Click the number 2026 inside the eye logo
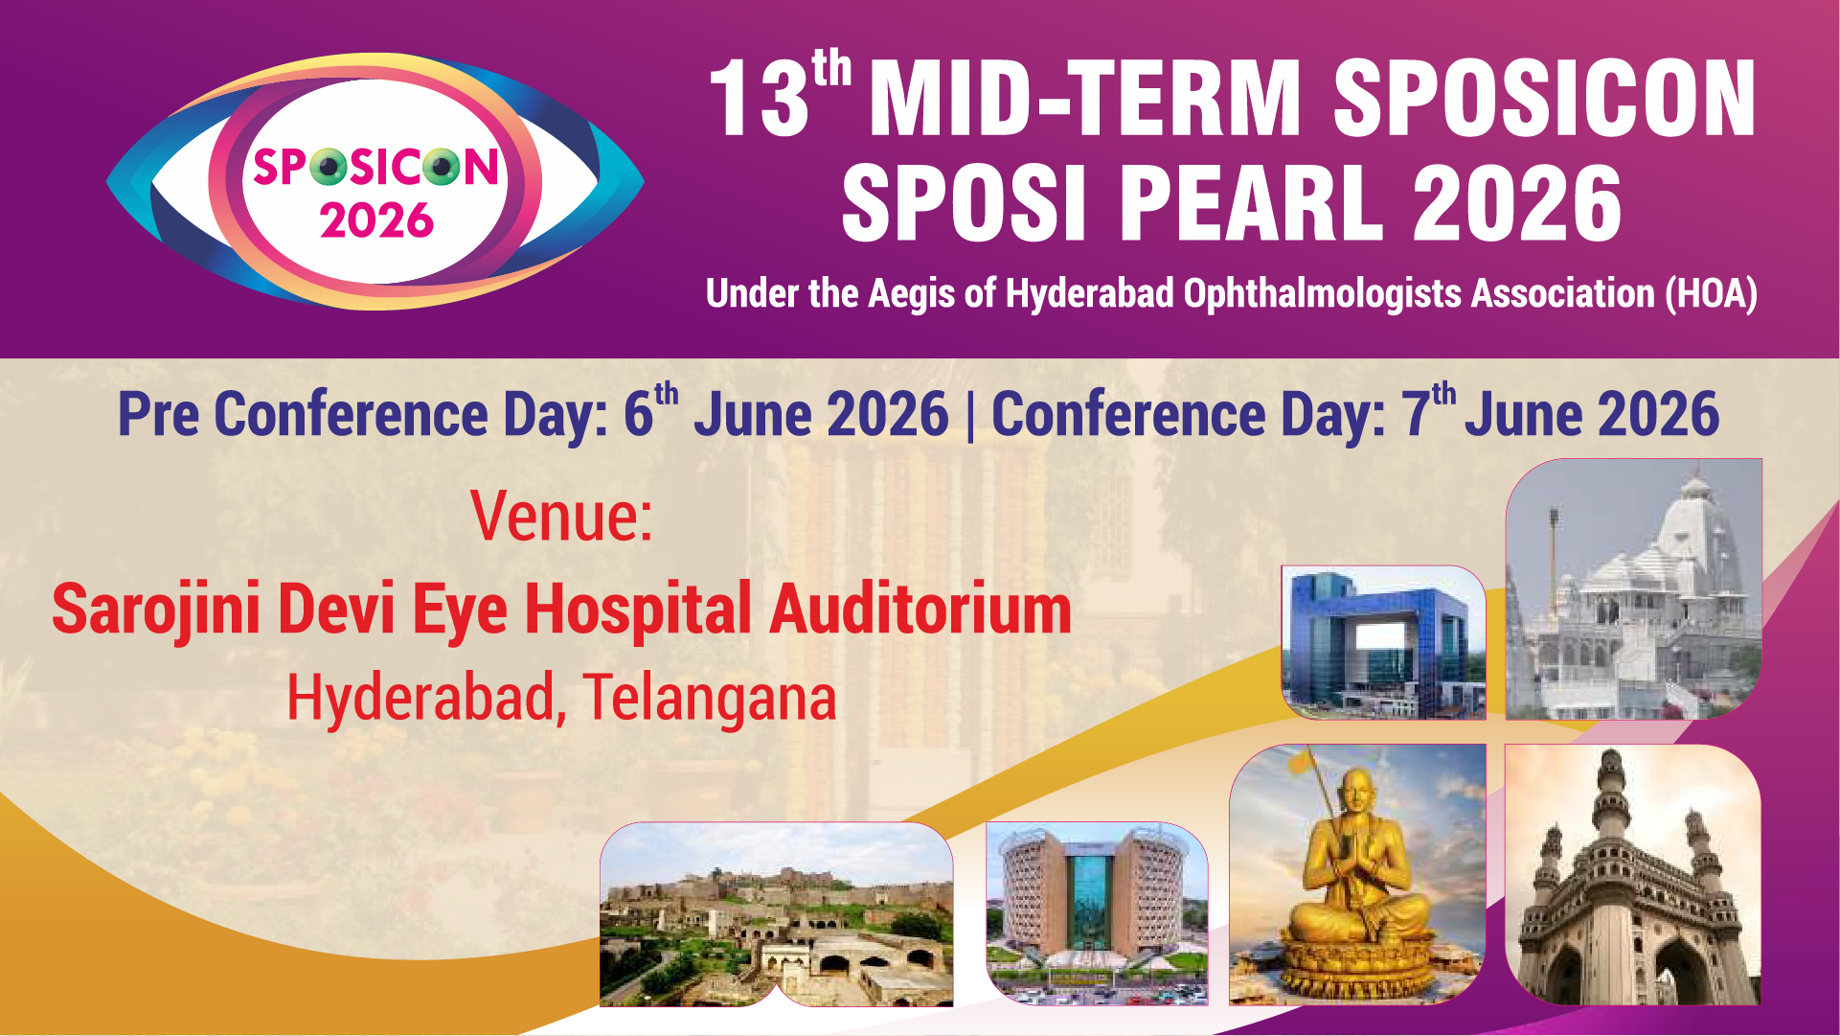(x=376, y=220)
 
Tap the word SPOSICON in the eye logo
(x=375, y=168)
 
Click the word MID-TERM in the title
(x=1084, y=98)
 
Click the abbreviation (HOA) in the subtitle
(x=1711, y=293)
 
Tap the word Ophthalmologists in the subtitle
(x=1323, y=293)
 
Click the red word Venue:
(x=561, y=517)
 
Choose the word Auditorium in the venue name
(x=920, y=610)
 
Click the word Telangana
(x=710, y=698)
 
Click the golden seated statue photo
(x=1357, y=875)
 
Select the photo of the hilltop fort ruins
(x=777, y=914)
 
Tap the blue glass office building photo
(x=1383, y=642)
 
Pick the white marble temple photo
(x=1634, y=588)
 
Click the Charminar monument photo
(x=1632, y=875)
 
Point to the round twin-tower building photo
(x=1097, y=913)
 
